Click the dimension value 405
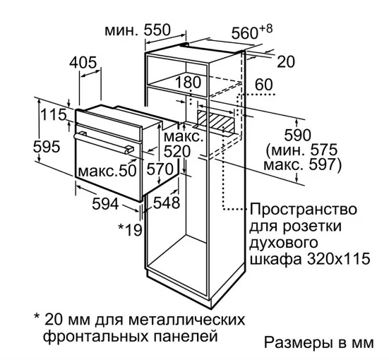83,63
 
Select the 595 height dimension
47,146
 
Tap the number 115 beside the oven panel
54,114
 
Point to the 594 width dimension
105,204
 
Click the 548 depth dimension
166,203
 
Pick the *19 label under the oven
130,229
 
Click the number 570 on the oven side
160,169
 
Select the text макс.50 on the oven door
107,171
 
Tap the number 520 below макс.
177,151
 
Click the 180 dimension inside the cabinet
188,82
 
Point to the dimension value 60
264,85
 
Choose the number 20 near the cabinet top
286,62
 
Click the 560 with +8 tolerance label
252,32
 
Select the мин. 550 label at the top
138,30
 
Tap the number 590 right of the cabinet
297,135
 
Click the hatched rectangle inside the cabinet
216,121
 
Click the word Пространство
303,209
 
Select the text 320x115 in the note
339,259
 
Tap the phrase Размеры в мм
319,342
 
